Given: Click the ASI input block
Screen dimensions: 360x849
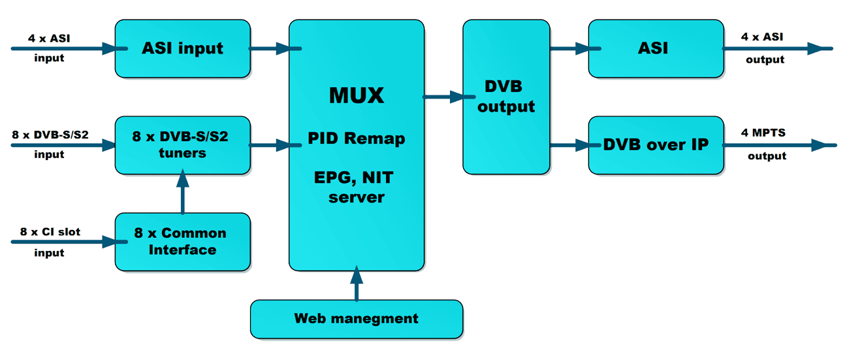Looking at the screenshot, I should click(183, 49).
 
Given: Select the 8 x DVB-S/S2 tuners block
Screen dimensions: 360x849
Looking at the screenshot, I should click(183, 145).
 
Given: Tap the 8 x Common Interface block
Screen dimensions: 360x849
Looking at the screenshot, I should click(183, 242).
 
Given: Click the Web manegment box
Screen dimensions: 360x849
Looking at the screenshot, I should click(357, 319).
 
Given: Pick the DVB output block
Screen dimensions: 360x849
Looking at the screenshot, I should click(506, 97).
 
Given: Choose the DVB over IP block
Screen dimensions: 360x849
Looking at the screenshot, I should click(656, 145).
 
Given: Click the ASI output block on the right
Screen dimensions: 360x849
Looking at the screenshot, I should click(656, 49).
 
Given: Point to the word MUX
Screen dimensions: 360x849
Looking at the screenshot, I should click(357, 95).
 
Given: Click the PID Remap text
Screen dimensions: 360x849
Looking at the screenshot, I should click(357, 139).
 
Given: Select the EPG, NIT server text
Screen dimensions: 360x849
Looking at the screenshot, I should click(357, 187).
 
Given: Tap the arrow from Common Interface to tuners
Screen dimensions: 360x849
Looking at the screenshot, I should click(182, 193).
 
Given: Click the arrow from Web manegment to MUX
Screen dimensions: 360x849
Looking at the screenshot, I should click(357, 284).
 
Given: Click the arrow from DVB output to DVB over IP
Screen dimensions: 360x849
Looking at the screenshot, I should click(569, 146).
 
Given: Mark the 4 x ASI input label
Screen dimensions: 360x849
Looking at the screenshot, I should click(49, 48).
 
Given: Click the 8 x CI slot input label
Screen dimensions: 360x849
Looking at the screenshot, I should click(50, 242).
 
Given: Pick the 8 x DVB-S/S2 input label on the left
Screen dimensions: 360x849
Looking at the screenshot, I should click(50, 144).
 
